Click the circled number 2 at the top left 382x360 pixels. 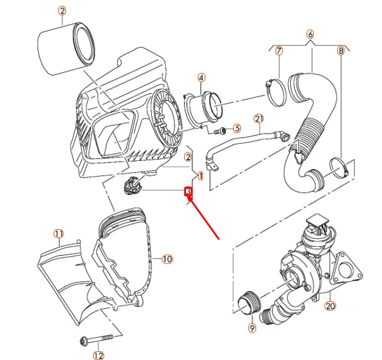point(62,10)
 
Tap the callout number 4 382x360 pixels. point(201,77)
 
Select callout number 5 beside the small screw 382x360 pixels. point(237,128)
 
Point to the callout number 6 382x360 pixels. point(310,34)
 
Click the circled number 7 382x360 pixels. point(279,51)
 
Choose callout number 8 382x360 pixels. point(340,51)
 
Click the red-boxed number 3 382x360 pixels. point(188,191)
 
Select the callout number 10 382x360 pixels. point(167,259)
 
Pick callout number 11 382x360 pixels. point(58,235)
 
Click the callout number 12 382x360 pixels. point(98,355)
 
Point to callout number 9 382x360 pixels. point(252,328)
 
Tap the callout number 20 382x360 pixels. point(330,306)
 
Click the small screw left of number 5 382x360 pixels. point(223,130)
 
